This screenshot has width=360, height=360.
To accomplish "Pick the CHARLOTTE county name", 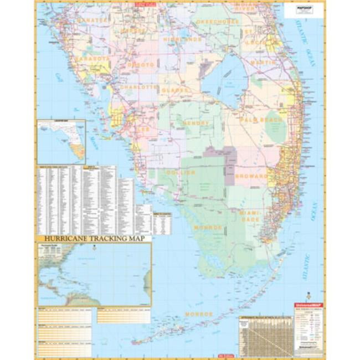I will click(x=138, y=87).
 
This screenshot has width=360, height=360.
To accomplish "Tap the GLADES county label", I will click(x=176, y=89).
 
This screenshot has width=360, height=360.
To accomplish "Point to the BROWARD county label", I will click(x=251, y=176).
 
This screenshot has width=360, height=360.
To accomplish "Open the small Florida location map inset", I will click(x=61, y=142).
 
